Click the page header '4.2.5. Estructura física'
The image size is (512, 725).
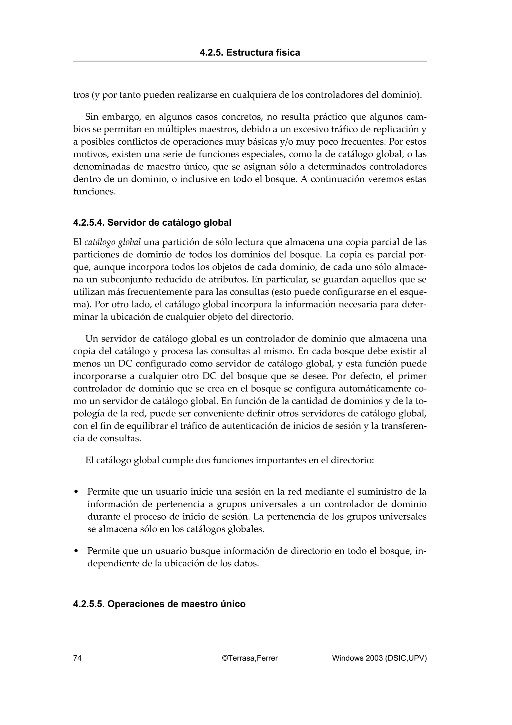[249, 53]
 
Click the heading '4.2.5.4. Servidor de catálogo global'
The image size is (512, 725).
[152, 223]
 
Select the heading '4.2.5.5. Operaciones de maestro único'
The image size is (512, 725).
[159, 604]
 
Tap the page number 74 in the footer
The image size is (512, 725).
[77, 658]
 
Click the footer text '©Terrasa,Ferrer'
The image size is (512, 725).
[249, 658]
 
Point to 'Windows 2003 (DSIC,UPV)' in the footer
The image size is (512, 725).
[379, 658]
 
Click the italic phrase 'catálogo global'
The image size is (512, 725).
[112, 242]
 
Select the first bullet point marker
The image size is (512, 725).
[76, 492]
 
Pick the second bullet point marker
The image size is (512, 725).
[76, 551]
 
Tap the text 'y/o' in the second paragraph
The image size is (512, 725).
[286, 142]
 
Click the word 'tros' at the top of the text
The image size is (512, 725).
[81, 95]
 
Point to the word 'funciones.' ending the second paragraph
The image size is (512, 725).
[94, 192]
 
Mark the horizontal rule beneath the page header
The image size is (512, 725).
[249, 61]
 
